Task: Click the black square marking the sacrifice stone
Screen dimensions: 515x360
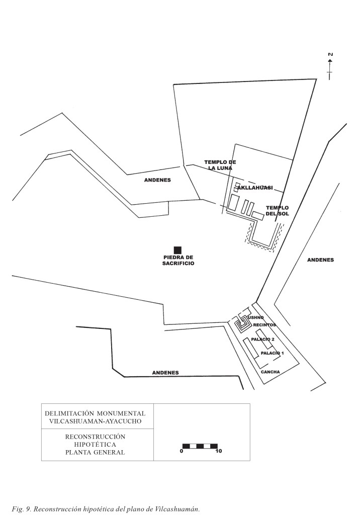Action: click(x=177, y=250)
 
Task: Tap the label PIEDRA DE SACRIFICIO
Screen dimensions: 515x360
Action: click(x=175, y=261)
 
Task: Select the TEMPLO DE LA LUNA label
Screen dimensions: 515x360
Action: click(x=220, y=165)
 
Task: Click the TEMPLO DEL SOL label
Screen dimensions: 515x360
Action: click(x=278, y=211)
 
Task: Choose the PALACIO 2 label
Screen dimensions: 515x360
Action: click(x=263, y=339)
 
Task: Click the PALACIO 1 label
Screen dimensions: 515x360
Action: click(x=273, y=353)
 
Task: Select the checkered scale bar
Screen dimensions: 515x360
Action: click(x=200, y=446)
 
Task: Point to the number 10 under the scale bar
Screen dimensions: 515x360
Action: click(x=218, y=452)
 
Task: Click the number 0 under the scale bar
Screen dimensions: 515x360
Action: click(x=181, y=452)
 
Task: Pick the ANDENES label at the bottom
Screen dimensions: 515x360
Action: click(x=165, y=373)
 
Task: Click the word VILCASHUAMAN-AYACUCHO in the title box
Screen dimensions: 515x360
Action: click(x=95, y=420)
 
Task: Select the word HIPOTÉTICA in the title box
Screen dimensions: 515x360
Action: click(x=95, y=445)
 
